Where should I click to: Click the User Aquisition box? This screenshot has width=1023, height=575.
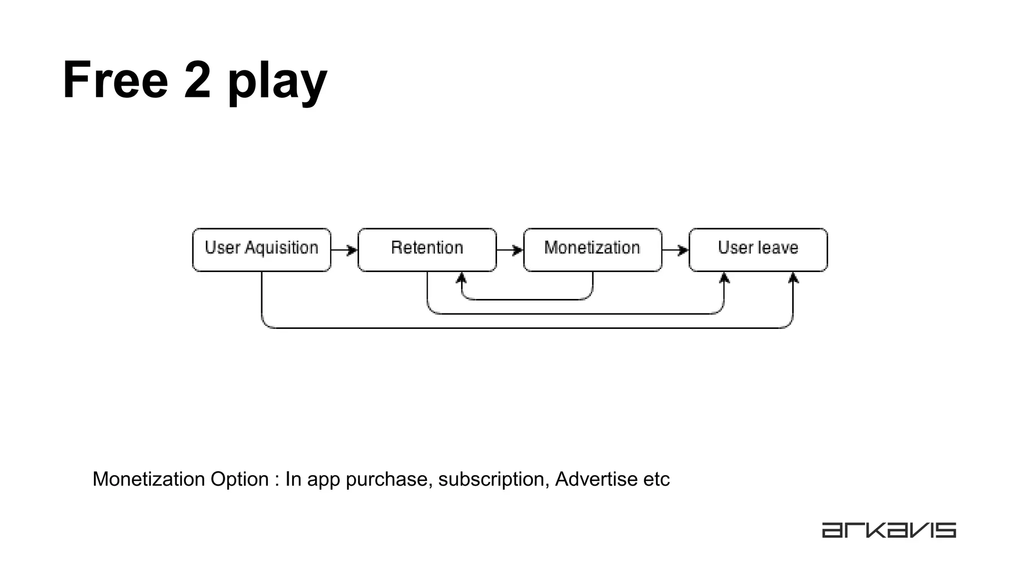[x=261, y=250]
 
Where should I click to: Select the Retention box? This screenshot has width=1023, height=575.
[x=427, y=250]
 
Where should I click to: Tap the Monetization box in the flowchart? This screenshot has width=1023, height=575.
[x=592, y=250]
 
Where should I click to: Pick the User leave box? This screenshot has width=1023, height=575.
[x=758, y=250]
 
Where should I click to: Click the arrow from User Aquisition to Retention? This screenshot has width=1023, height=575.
[x=345, y=250]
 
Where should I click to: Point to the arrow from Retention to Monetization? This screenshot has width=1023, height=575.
[x=510, y=250]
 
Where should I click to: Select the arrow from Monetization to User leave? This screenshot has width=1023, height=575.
[x=675, y=250]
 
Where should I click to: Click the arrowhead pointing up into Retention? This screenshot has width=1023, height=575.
[x=462, y=278]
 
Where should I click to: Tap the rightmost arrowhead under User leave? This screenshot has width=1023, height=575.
[x=793, y=278]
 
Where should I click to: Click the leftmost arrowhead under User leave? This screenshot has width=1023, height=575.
[x=724, y=278]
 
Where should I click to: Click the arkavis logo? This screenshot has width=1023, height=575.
[x=889, y=530]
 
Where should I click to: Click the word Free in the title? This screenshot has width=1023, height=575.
[x=115, y=80]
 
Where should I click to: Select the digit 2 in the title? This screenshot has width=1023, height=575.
[x=197, y=80]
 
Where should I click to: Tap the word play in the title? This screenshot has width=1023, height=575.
[x=277, y=82]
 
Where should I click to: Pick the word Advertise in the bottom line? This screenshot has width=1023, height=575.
[x=596, y=479]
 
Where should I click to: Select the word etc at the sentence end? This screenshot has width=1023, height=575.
[x=656, y=479]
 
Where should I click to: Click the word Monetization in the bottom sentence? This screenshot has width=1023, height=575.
[x=149, y=479]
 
